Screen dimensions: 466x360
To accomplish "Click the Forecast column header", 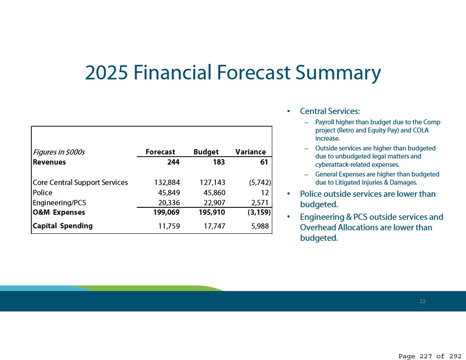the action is [160, 152].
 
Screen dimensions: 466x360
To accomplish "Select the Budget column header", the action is [206, 152].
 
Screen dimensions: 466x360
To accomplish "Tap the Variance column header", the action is [251, 152].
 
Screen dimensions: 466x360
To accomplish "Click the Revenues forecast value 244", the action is [173, 162].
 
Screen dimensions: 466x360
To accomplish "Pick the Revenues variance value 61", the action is [264, 162].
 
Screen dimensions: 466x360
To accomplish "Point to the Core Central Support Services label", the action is [80, 182].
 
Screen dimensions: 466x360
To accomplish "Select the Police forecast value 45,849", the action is [169, 193].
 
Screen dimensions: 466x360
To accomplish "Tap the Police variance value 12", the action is [265, 193].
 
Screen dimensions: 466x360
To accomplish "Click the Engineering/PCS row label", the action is [60, 202].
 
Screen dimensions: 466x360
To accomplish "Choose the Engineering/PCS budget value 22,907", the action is [214, 203].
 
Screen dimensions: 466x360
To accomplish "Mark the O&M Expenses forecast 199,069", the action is [166, 212].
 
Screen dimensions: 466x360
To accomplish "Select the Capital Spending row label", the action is [63, 226].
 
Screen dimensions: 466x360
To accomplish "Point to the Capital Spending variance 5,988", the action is [260, 226].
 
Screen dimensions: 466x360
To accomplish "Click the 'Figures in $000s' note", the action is [59, 152].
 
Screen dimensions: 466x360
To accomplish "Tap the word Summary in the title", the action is [338, 73].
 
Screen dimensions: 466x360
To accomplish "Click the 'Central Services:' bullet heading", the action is [330, 111].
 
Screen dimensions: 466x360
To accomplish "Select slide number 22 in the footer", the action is [423, 301].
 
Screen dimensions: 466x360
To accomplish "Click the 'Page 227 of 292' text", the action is [430, 356].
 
